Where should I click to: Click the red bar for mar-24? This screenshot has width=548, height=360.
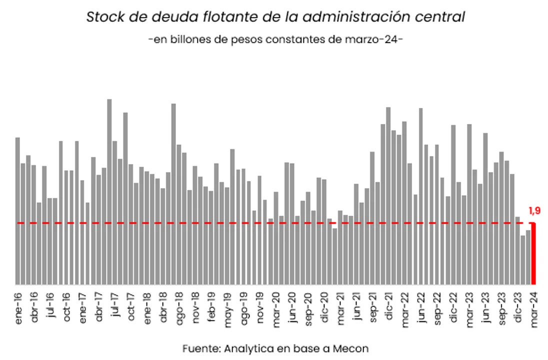[533, 253]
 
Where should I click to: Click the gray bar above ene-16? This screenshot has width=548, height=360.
[18, 210]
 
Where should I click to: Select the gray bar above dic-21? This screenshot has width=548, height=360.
[388, 195]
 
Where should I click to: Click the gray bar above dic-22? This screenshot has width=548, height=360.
[453, 204]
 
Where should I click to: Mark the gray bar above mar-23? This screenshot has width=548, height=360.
[469, 204]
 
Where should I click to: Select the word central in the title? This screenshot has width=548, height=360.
[440, 17]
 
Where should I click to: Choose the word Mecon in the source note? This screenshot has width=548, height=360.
[353, 347]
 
